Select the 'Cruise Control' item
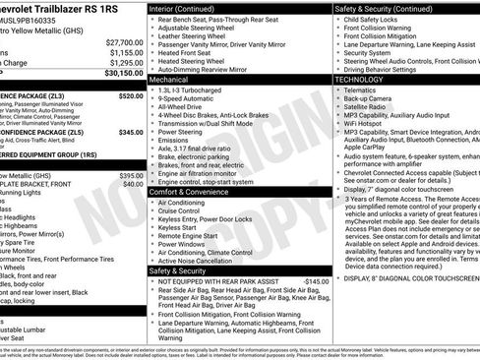[x=184, y=210]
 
